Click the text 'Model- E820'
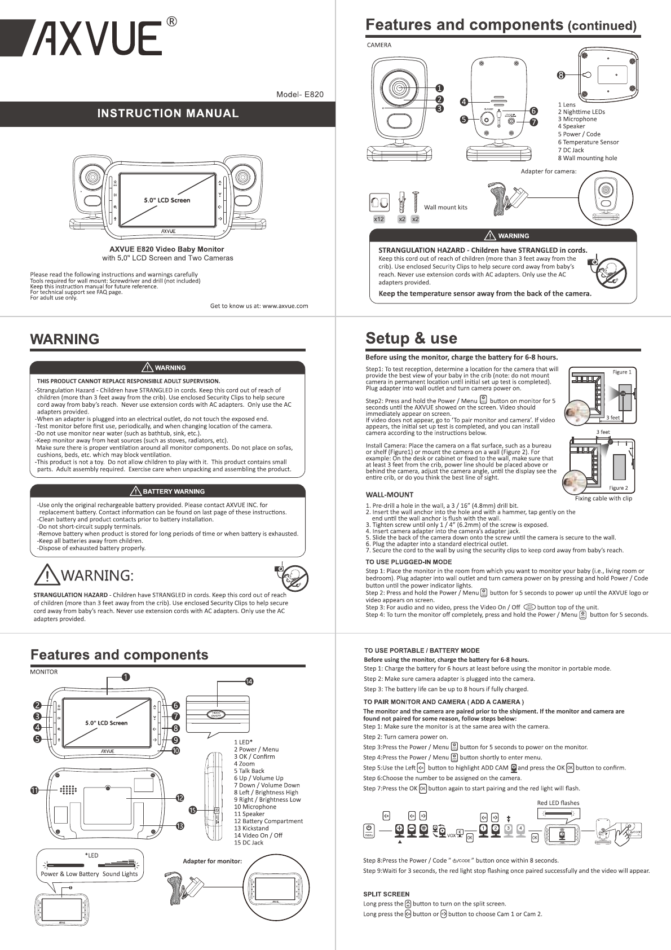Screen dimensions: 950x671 pos(299,94)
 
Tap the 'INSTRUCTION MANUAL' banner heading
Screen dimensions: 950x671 pos(168,113)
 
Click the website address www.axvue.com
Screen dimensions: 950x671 pos(285,306)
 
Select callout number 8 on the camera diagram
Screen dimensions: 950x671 pos(561,75)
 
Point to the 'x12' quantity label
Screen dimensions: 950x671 pos(379,219)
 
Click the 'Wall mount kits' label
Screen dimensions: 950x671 pos(445,207)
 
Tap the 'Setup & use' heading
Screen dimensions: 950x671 pos(411,338)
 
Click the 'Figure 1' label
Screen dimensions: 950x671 pos(622,372)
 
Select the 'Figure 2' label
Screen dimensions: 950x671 pos(618,488)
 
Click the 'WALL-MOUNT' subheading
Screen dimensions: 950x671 pos(389,495)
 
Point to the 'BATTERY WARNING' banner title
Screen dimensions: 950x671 pos(173,491)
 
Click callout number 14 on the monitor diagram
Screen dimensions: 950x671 pos(249,681)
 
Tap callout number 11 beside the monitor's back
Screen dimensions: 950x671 pos(34,790)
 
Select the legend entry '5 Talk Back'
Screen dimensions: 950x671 pos(249,771)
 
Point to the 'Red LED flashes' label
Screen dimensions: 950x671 pos(558,803)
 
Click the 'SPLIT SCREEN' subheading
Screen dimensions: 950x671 pos(386,894)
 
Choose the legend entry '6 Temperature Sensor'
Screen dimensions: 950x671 pos(588,142)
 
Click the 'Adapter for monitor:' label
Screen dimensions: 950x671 pos(212,861)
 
